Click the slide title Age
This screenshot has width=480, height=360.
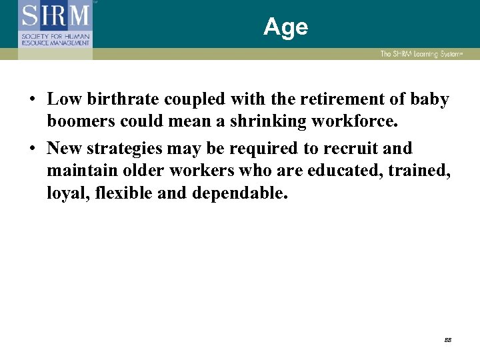[285, 27]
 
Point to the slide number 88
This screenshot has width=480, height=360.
[448, 339]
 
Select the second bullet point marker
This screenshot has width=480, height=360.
[32, 149]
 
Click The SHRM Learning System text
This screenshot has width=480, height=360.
[419, 53]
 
